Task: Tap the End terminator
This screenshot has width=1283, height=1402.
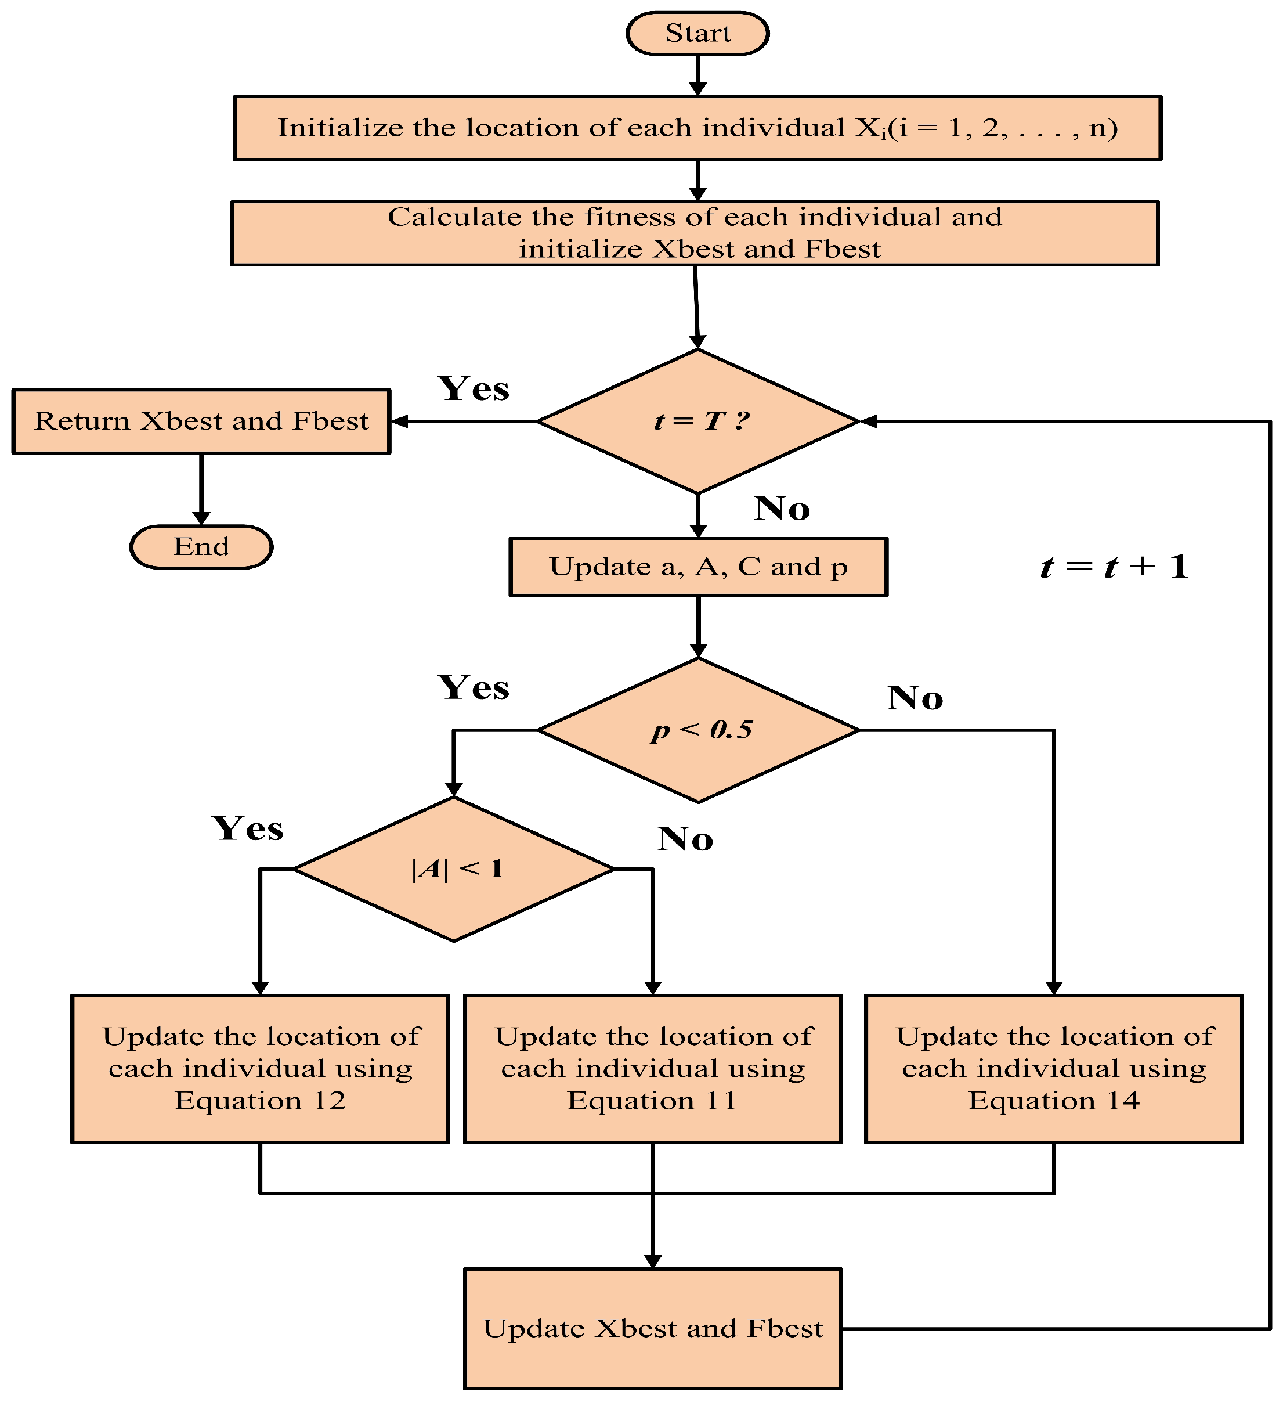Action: pyautogui.click(x=201, y=547)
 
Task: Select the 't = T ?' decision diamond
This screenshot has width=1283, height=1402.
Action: pyautogui.click(x=699, y=421)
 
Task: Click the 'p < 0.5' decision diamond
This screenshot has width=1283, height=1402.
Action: pyautogui.click(x=699, y=730)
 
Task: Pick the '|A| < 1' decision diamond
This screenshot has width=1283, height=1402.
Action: pyautogui.click(x=454, y=869)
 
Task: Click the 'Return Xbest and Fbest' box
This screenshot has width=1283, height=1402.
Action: pyautogui.click(x=201, y=421)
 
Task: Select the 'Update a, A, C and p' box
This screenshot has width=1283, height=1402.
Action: pyautogui.click(x=699, y=568)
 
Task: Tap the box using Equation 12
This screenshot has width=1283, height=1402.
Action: pyautogui.click(x=261, y=1069)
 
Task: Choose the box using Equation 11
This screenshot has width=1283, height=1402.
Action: pyautogui.click(x=653, y=1069)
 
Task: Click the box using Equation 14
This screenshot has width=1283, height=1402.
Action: pyautogui.click(x=1054, y=1069)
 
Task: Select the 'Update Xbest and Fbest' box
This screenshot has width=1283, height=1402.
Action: pyautogui.click(x=653, y=1329)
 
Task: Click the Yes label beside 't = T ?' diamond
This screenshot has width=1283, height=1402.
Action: pyautogui.click(x=474, y=389)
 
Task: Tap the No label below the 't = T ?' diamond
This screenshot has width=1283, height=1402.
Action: pyautogui.click(x=782, y=509)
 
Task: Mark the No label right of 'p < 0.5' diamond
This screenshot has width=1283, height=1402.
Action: pyautogui.click(x=915, y=698)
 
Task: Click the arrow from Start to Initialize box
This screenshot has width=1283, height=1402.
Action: pyautogui.click(x=698, y=75)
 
